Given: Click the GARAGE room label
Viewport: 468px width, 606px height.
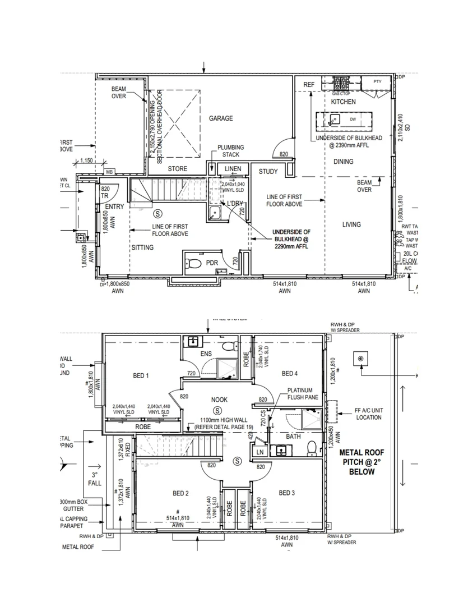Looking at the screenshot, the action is coord(221,118).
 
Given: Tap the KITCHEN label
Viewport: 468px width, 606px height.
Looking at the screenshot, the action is coord(343,102).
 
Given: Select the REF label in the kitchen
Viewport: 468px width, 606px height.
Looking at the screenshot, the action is coord(309,85).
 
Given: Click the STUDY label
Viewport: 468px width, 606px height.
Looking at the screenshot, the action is coord(268,171).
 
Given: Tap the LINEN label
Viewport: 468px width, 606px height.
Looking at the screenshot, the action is coord(233,168).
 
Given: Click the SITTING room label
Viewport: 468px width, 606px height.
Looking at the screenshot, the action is coord(142,247).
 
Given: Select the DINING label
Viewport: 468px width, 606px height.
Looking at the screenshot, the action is coord(343,162).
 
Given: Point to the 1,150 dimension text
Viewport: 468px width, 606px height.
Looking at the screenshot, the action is coord(86,160).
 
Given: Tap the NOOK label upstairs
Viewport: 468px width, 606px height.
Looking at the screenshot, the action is coord(219,400).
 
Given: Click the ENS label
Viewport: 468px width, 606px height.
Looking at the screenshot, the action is coord(206,354).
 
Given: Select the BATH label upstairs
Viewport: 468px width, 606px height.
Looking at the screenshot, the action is coord(294,435).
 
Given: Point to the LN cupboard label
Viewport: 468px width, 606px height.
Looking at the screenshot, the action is coord(259,452).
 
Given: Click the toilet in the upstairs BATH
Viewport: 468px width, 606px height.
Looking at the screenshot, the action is coord(312,448).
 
